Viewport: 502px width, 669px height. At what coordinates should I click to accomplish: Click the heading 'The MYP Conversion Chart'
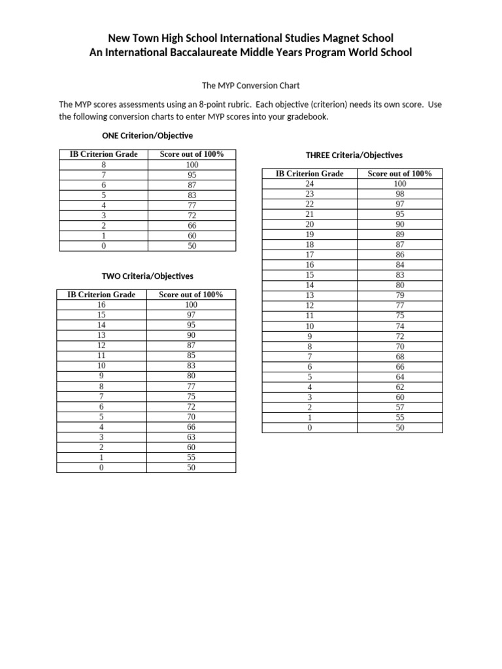click(x=251, y=86)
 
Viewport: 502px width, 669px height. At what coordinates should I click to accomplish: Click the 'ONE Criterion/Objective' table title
click(x=147, y=135)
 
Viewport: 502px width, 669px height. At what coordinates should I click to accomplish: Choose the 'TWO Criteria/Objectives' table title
click(x=147, y=276)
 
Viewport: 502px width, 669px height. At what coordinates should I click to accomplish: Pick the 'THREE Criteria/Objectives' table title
click(x=354, y=155)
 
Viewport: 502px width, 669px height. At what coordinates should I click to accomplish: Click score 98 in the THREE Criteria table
click(x=400, y=194)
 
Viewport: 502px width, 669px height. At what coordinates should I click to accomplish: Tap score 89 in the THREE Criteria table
click(x=400, y=235)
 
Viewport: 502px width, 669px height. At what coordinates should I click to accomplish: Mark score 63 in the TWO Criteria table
click(x=191, y=437)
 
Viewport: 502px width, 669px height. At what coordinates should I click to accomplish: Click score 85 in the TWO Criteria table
click(x=191, y=356)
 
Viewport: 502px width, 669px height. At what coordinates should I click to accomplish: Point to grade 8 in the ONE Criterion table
click(x=103, y=165)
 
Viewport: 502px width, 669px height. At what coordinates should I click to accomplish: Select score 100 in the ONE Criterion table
click(x=192, y=165)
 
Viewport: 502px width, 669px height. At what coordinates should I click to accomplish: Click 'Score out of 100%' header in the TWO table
click(x=191, y=295)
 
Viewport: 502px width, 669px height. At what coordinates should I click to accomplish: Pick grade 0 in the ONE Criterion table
click(x=103, y=246)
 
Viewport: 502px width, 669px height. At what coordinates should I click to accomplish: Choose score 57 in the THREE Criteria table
click(x=400, y=407)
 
